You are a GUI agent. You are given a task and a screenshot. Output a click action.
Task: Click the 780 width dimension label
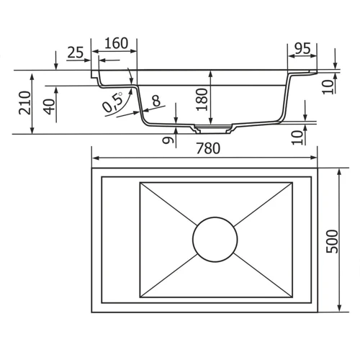click(x=208, y=148)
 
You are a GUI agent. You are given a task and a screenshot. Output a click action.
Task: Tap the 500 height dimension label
click(x=333, y=241)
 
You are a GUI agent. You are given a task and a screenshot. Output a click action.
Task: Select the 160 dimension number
click(x=117, y=43)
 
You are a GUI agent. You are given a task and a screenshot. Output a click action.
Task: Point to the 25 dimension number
click(x=76, y=53)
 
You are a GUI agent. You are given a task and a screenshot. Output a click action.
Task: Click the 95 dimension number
click(x=302, y=48)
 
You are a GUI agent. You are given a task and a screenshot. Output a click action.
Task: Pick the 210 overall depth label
click(x=25, y=103)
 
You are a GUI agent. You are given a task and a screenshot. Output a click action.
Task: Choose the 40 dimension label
click(x=49, y=107)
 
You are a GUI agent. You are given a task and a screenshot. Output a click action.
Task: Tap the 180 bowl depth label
click(x=202, y=99)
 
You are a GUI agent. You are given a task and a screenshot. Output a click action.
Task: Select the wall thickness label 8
click(x=156, y=101)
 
